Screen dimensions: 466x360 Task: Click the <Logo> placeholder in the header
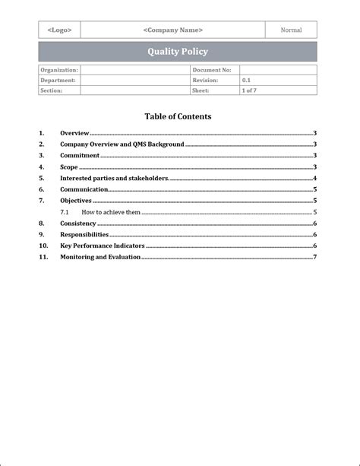pos(59,30)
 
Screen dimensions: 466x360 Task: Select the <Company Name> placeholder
pos(172,30)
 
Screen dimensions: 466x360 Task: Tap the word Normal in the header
pos(291,30)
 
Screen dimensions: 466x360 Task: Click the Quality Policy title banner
pos(177,52)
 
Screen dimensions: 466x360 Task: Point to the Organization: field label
pos(58,70)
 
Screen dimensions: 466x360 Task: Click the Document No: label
pos(211,70)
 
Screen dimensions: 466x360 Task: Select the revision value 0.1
pos(247,80)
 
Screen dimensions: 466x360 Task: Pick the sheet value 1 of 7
pos(249,90)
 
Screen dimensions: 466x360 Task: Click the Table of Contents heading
pos(178,116)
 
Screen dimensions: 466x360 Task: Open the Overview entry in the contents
pos(74,133)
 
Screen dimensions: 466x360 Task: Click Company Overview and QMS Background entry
pos(122,144)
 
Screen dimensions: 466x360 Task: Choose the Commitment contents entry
pos(80,155)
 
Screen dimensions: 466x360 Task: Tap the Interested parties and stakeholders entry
pos(114,178)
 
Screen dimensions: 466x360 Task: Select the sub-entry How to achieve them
pos(111,212)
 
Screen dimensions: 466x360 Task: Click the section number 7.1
pos(65,212)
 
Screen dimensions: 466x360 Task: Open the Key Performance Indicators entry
pos(102,246)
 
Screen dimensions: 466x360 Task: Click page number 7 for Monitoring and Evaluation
pos(314,257)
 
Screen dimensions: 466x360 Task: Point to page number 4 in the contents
pos(314,178)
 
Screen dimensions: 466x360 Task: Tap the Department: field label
pos(58,80)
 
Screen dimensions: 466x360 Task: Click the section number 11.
pos(43,257)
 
